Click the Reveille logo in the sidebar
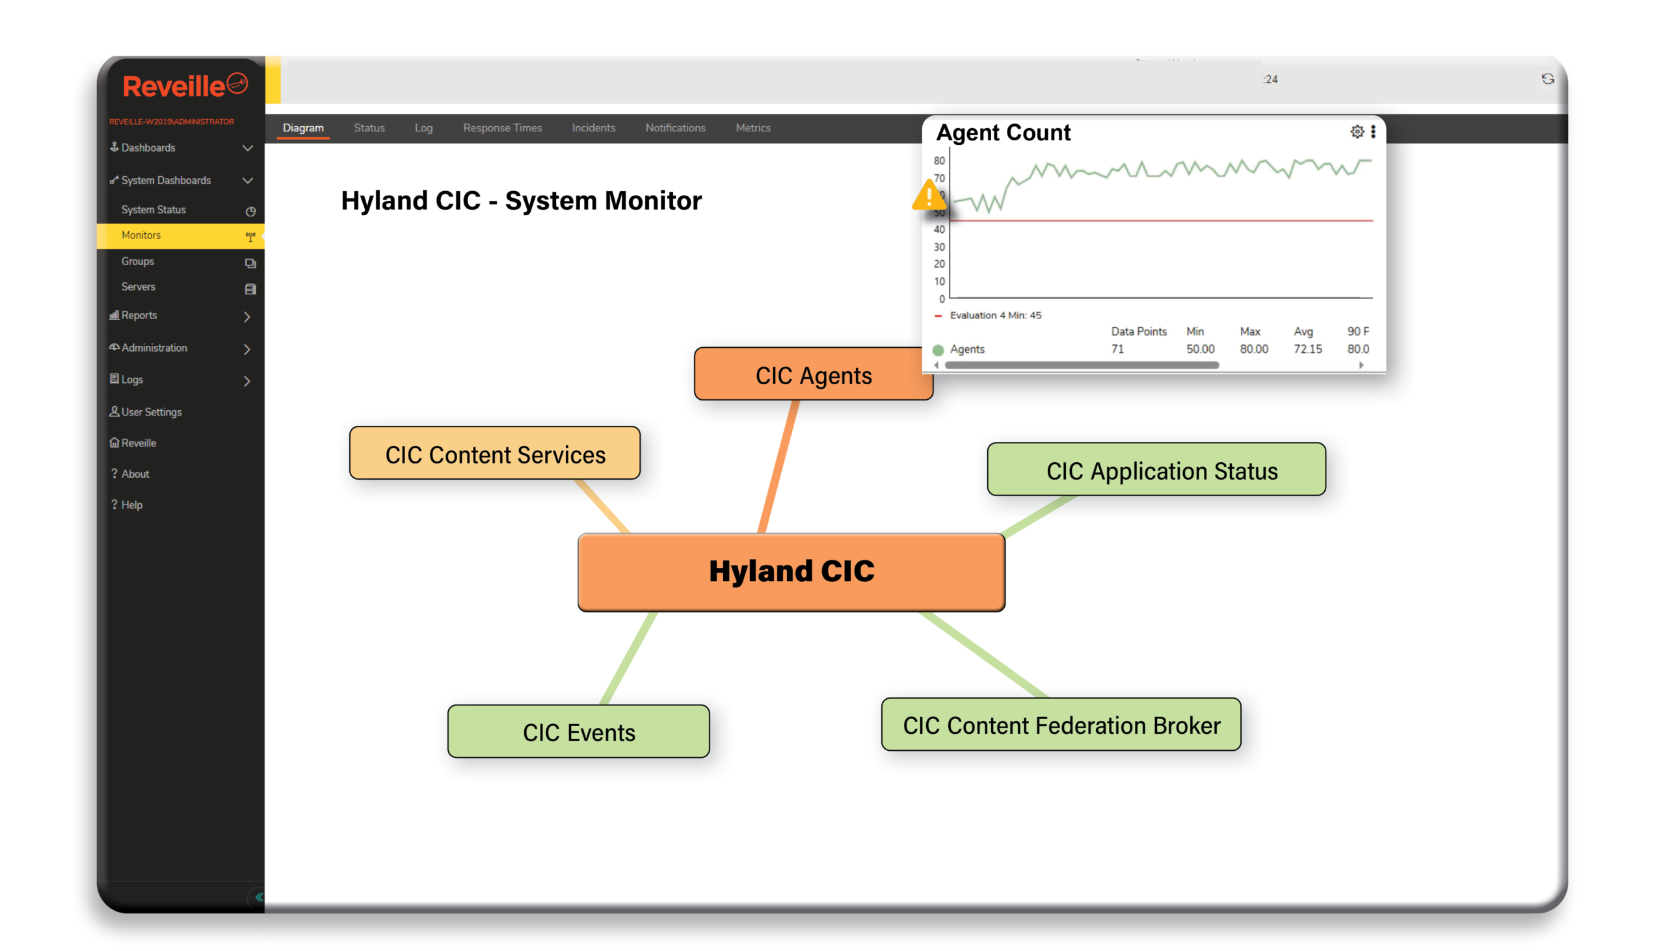coord(185,86)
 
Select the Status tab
coord(369,128)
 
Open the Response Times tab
coord(502,128)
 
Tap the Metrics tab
coord(753,128)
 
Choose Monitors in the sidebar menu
coord(141,235)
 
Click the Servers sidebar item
coord(139,287)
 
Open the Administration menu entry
coord(154,348)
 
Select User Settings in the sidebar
coord(152,412)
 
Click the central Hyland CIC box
coord(792,571)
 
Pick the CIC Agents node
coord(813,375)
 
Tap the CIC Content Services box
coord(495,454)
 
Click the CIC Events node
coord(578,732)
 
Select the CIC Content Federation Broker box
coord(1061,725)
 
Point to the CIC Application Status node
coord(1156,470)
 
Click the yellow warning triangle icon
coord(929,195)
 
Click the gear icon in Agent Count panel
coord(1357,132)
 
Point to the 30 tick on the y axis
coord(939,247)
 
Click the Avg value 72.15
coord(1307,350)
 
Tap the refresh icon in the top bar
coord(1547,79)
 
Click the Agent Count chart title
coord(1003,133)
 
